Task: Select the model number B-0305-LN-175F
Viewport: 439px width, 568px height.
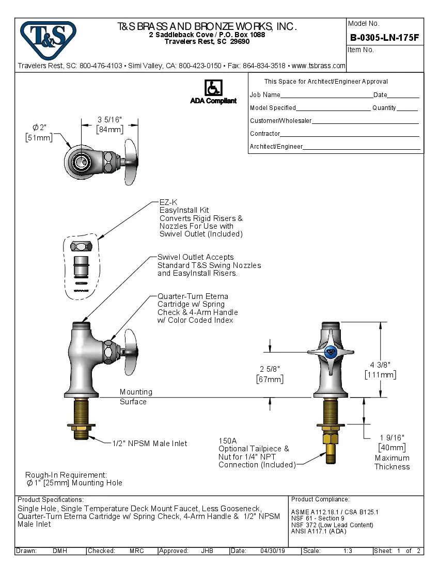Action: click(384, 37)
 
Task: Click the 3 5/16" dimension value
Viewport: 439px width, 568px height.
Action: click(109, 120)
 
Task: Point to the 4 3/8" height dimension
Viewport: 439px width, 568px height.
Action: click(381, 365)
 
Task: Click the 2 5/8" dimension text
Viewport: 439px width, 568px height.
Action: click(270, 369)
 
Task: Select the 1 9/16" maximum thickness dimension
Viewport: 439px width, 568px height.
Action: click(392, 438)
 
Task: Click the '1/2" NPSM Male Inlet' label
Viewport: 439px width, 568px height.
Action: click(150, 444)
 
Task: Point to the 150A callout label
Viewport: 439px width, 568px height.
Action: click(227, 441)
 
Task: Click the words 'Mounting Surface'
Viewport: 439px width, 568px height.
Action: click(136, 397)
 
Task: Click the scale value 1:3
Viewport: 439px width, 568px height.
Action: click(348, 551)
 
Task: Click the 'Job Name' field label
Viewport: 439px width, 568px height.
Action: click(265, 94)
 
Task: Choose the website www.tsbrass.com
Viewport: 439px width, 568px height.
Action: click(318, 66)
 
